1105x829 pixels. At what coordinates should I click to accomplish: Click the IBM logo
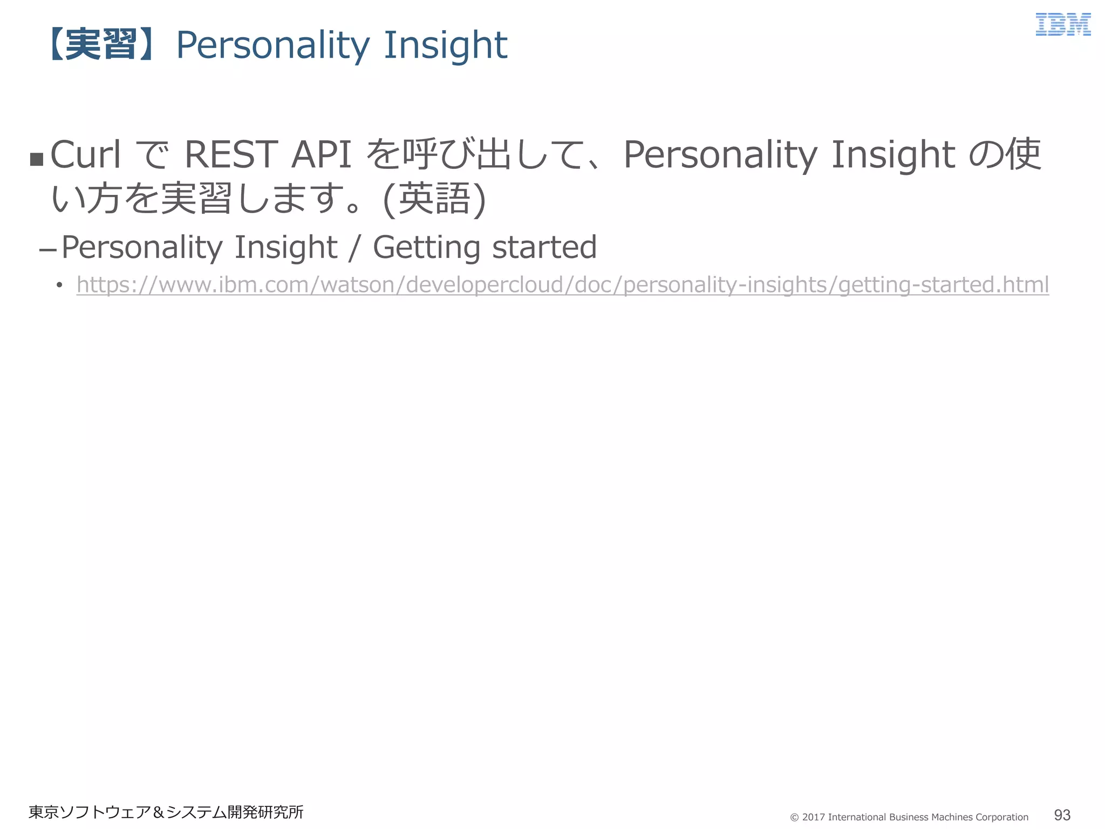point(1063,25)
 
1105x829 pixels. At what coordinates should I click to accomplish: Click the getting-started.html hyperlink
point(563,284)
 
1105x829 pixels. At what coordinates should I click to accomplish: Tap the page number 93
point(1062,814)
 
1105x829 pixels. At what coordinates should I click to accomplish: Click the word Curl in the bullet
point(85,155)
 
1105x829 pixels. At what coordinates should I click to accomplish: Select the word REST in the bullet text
point(231,155)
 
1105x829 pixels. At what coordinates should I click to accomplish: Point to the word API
point(322,155)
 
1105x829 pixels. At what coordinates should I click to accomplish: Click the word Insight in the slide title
point(446,45)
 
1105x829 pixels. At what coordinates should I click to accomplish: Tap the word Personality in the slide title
point(272,45)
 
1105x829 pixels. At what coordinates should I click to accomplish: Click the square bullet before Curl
point(37,159)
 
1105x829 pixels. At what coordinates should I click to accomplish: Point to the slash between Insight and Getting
point(354,248)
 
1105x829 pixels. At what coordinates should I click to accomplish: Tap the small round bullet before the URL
point(59,285)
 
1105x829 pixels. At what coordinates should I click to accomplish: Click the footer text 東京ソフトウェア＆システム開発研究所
point(166,812)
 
